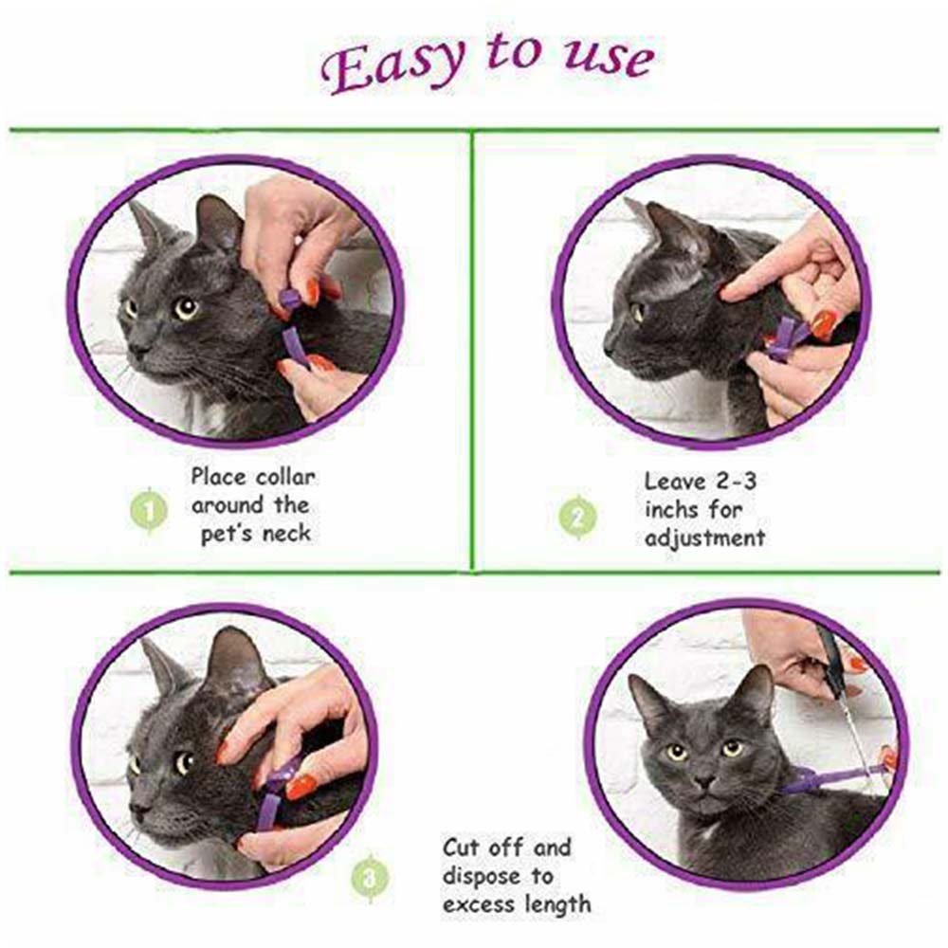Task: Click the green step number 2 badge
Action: coord(577,517)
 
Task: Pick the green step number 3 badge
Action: coord(370,878)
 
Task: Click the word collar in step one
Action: coord(285,477)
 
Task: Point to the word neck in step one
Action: coord(286,534)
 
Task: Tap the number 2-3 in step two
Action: coord(736,482)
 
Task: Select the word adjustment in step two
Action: coord(704,538)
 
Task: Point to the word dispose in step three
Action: coord(482,877)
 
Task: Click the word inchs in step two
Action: coord(672,510)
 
